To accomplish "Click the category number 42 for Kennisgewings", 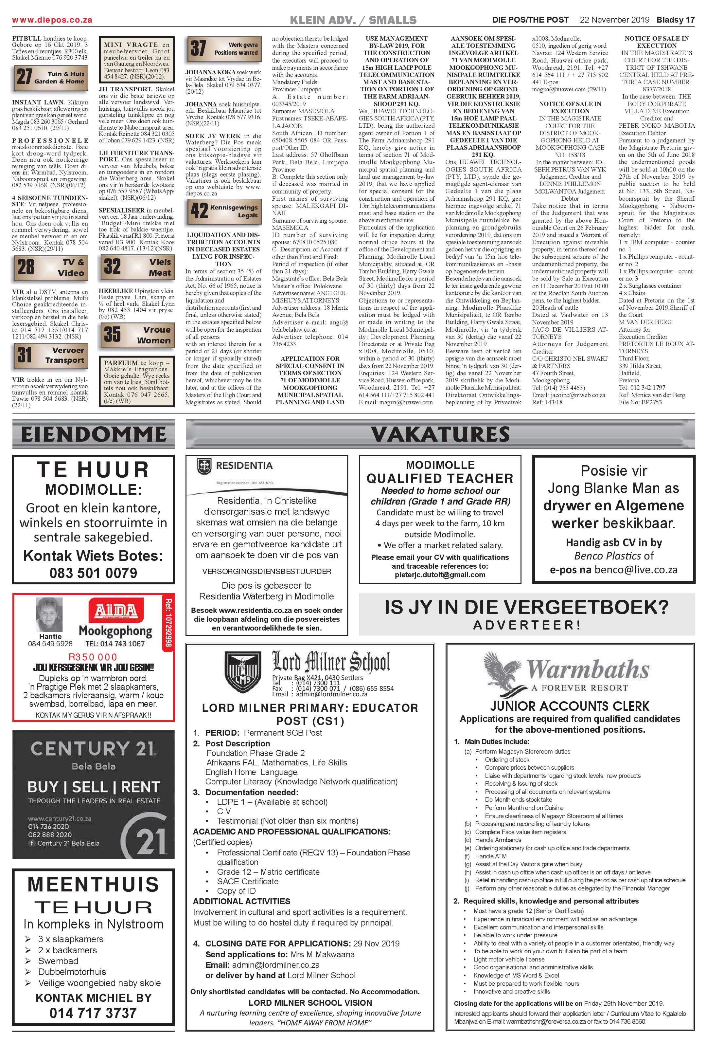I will (x=199, y=211).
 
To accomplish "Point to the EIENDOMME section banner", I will (x=93, y=434).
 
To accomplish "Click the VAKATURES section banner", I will (x=440, y=434).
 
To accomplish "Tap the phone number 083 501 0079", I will (x=93, y=573).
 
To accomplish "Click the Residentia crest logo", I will (x=204, y=466).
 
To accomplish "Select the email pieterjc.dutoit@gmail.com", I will (x=440, y=575).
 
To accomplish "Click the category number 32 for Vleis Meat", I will (x=112, y=266).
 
